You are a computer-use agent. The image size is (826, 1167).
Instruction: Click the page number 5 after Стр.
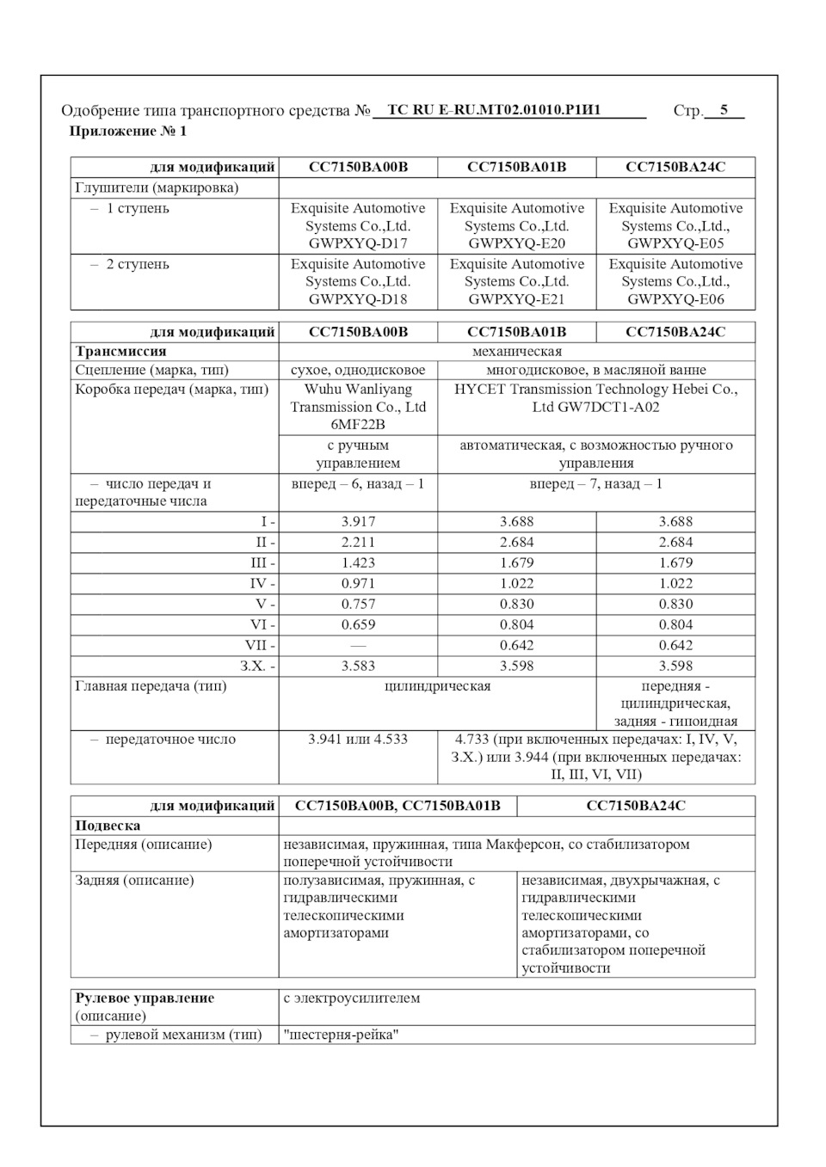tap(724, 110)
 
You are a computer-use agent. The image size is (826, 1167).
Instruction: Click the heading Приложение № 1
tap(127, 132)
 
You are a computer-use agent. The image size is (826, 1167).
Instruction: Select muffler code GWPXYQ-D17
tap(358, 243)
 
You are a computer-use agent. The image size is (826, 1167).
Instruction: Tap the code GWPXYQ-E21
tap(516, 299)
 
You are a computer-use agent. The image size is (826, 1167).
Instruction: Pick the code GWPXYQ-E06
tap(675, 299)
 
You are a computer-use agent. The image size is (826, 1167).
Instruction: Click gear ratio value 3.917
tap(358, 522)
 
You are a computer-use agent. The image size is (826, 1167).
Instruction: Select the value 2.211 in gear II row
tap(358, 543)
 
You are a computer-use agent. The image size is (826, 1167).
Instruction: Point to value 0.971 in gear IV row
tap(358, 584)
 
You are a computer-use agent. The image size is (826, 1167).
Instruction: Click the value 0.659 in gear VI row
tap(358, 625)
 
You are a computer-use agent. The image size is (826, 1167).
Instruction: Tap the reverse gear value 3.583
tap(358, 666)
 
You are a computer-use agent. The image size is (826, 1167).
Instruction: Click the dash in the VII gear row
tap(358, 646)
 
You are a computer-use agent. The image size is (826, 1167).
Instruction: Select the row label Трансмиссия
tap(120, 352)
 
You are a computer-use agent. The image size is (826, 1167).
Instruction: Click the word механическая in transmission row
tap(516, 352)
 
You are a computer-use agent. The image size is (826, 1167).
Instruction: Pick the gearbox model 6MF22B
tap(358, 425)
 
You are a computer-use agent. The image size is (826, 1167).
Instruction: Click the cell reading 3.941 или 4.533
tap(358, 740)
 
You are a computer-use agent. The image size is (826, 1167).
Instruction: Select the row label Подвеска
tap(108, 826)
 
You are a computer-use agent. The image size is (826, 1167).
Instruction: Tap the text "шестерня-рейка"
tap(341, 1035)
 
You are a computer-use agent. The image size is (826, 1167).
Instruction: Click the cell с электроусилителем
tap(351, 998)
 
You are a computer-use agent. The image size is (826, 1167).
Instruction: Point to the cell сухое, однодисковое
tap(358, 371)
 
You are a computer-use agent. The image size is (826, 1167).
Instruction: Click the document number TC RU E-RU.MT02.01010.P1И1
tap(494, 110)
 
